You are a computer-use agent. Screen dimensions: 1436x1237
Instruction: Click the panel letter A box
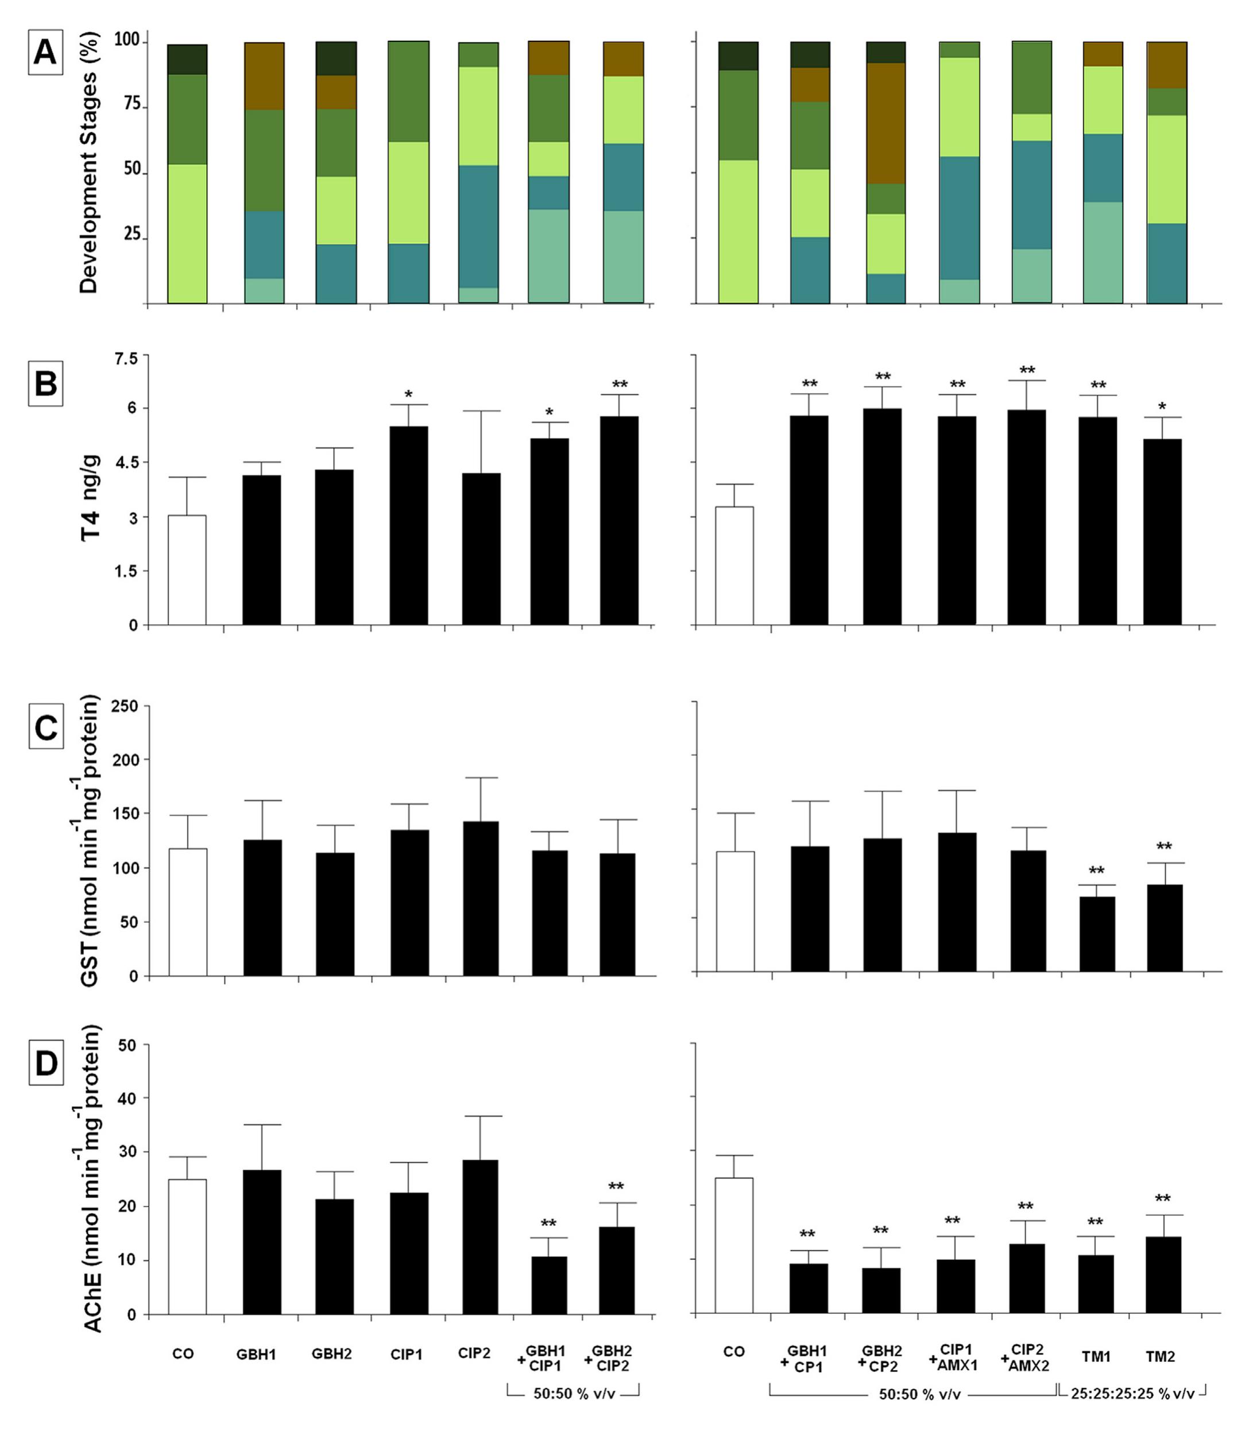click(x=45, y=52)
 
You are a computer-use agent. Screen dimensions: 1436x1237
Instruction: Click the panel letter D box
click(x=46, y=1062)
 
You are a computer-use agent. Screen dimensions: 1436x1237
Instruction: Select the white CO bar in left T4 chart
click(x=187, y=570)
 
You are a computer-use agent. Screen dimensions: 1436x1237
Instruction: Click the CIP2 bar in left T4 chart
click(x=482, y=549)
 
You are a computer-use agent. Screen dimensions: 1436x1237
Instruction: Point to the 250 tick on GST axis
click(x=125, y=706)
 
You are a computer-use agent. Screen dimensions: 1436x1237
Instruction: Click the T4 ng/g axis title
click(x=91, y=497)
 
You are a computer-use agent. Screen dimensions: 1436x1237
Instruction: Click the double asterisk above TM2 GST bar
click(x=1164, y=846)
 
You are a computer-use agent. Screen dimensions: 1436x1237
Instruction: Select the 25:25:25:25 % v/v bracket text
click(x=1132, y=1394)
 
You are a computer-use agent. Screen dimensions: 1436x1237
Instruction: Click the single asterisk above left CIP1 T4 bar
click(x=408, y=395)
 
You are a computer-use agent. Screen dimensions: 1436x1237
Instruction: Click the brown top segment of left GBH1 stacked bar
click(x=264, y=76)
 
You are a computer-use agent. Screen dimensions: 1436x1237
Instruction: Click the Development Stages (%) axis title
click(x=88, y=163)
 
